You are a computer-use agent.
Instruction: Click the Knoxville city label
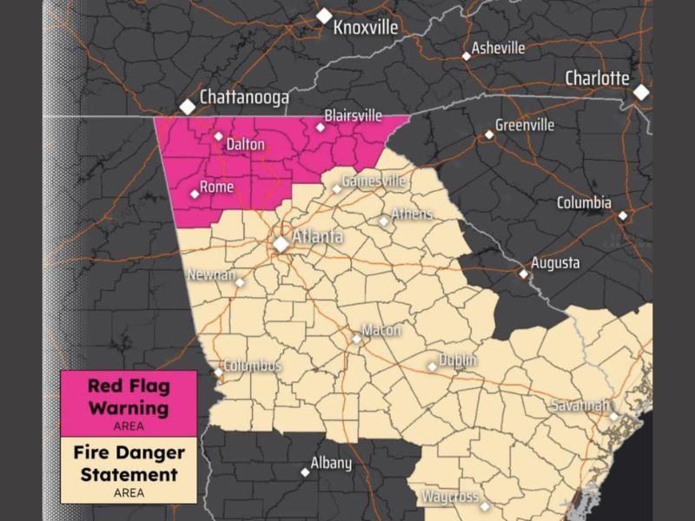click(366, 28)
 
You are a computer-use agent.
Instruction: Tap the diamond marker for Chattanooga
click(187, 106)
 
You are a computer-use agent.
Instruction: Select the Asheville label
click(498, 49)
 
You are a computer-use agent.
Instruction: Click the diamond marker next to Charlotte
click(641, 91)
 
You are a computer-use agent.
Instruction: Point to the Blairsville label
click(354, 115)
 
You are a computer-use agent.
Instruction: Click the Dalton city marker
click(219, 135)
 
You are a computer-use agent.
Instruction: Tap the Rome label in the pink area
click(216, 187)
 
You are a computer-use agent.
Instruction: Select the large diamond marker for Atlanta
click(281, 244)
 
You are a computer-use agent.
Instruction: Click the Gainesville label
click(374, 181)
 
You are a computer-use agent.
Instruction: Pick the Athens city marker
click(383, 221)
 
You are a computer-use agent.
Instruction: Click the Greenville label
click(525, 125)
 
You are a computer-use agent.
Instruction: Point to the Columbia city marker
click(622, 215)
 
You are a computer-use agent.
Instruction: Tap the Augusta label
click(556, 263)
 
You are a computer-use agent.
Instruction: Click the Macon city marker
click(356, 339)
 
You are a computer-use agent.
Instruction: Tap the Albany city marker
click(305, 472)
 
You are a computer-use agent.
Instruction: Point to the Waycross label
click(450, 497)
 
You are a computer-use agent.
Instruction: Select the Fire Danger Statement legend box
click(129, 470)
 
